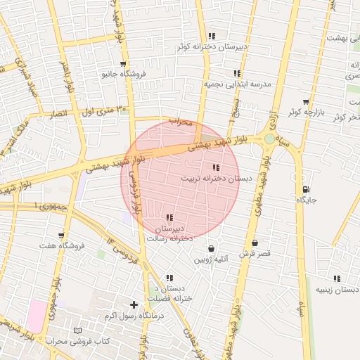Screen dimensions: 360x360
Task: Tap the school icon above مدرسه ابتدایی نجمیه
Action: coord(238,73)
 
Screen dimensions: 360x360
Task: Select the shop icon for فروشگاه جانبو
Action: coord(124,64)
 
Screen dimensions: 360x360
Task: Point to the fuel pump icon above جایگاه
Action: coord(305,189)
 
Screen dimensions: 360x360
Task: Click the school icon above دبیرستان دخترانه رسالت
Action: coord(169,218)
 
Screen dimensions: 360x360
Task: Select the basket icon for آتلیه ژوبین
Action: coord(211,248)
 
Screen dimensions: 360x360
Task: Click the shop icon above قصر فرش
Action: coord(264,243)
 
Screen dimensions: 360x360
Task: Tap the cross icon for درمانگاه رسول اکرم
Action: coord(134,304)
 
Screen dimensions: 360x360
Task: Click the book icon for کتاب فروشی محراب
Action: coord(77,330)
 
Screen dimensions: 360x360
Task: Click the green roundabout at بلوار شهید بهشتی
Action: coord(269,139)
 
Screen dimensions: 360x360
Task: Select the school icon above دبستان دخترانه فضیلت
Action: coord(169,278)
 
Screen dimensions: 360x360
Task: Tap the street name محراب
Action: coord(180,122)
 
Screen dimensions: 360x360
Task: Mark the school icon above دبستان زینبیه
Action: coord(337,278)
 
